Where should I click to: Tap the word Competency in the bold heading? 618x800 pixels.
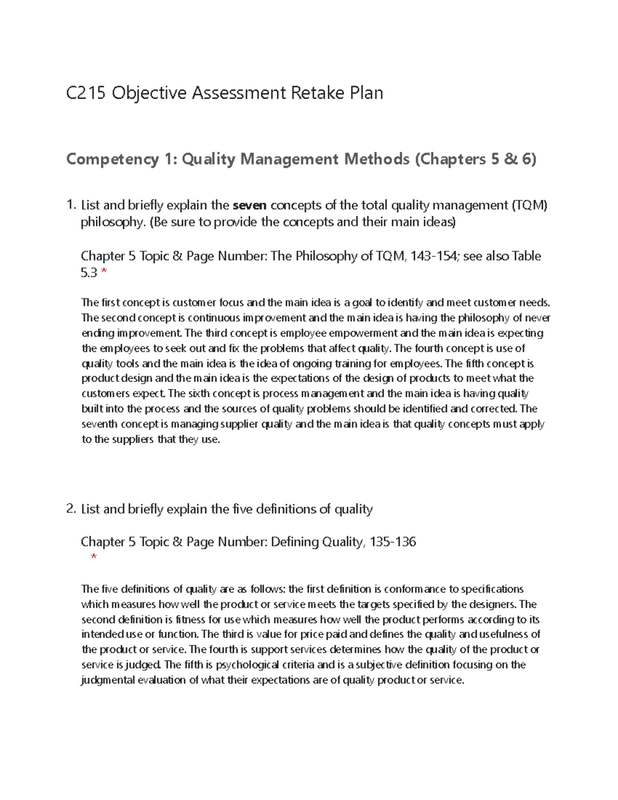point(112,160)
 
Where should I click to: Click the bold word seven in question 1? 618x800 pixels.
point(250,206)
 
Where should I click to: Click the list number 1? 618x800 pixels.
point(71,206)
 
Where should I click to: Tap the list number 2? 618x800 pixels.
point(71,509)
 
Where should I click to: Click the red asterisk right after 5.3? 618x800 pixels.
point(105,274)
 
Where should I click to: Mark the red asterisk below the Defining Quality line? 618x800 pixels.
point(93,558)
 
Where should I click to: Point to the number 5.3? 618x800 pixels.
point(89,273)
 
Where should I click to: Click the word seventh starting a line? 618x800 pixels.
point(99,424)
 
